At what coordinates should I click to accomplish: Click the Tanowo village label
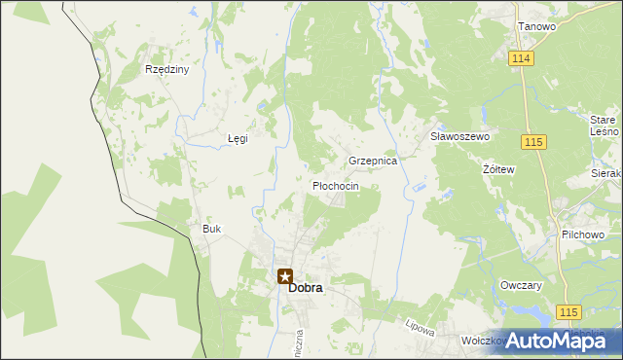pyautogui.click(x=536, y=26)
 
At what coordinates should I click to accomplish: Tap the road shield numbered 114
pyautogui.click(x=520, y=59)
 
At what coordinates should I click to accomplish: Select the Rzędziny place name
pyautogui.click(x=166, y=70)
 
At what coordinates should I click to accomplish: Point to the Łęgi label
pyautogui.click(x=238, y=138)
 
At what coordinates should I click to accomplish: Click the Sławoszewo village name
pyautogui.click(x=459, y=137)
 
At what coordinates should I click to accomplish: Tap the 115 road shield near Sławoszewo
pyautogui.click(x=532, y=143)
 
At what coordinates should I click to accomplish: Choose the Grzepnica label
pyautogui.click(x=373, y=161)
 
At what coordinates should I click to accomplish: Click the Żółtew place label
pyautogui.click(x=498, y=169)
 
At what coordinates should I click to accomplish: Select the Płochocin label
pyautogui.click(x=335, y=186)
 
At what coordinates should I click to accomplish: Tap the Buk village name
pyautogui.click(x=212, y=230)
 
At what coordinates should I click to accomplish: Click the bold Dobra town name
pyautogui.click(x=305, y=288)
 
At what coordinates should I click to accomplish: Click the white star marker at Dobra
pyautogui.click(x=284, y=276)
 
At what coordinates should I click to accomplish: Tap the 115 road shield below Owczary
pyautogui.click(x=570, y=311)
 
